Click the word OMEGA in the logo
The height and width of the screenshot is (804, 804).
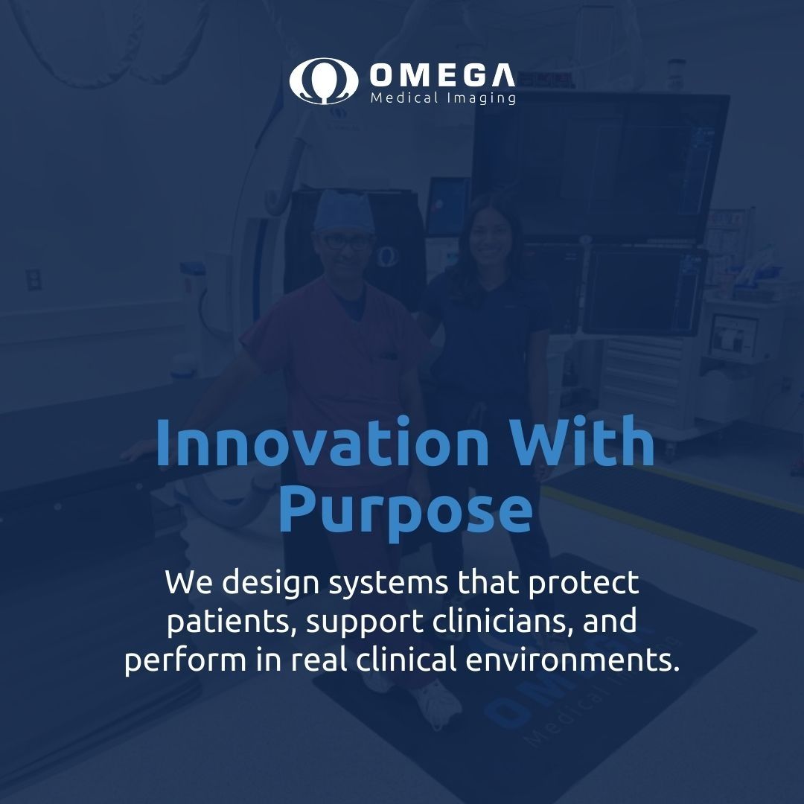click(441, 74)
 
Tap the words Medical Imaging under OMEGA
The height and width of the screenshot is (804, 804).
click(442, 98)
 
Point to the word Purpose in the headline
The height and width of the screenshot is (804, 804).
click(405, 511)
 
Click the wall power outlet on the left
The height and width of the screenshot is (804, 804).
click(33, 280)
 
